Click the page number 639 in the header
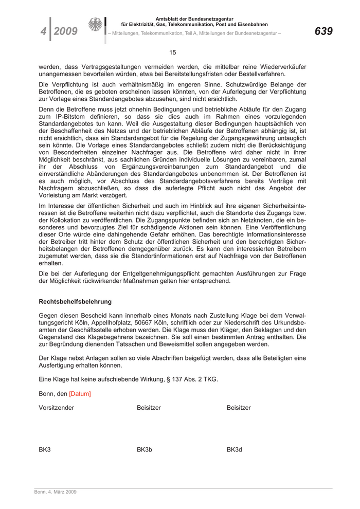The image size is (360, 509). [x=323, y=31]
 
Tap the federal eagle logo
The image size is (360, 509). [x=95, y=25]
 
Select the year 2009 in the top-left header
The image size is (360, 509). [x=65, y=32]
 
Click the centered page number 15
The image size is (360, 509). [x=173, y=52]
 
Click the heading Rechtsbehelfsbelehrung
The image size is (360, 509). [x=75, y=302]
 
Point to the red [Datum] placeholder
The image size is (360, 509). [x=80, y=394]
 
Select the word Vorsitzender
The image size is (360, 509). [x=56, y=408]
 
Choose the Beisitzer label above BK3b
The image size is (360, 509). [x=149, y=408]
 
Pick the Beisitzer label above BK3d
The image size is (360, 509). [x=239, y=408]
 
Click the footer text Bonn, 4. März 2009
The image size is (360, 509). [x=56, y=492]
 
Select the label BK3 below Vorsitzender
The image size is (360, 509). [x=45, y=449]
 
